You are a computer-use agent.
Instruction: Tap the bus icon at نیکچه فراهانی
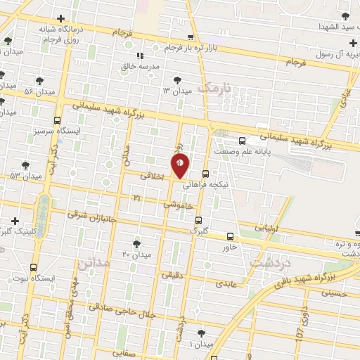pos(205,174)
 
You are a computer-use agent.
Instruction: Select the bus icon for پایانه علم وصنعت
pos(242,140)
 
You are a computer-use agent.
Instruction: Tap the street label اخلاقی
pos(152,176)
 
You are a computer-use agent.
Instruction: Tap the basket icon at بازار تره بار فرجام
pos(191,38)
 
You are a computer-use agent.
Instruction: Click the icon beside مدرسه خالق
pos(140,56)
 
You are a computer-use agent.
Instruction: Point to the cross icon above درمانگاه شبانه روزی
pos(61,18)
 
